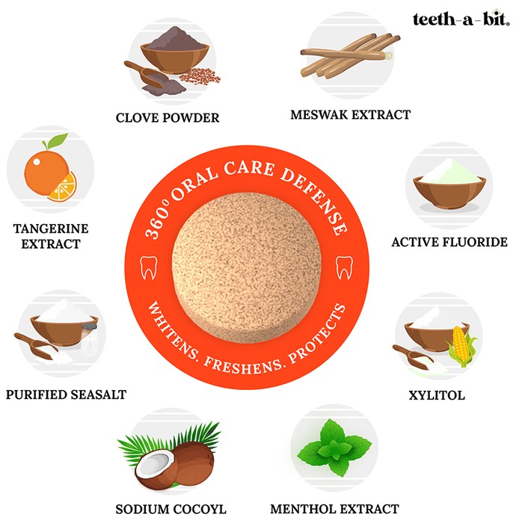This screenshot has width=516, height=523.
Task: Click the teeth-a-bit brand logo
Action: [461, 19]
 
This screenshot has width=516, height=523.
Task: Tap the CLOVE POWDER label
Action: [168, 118]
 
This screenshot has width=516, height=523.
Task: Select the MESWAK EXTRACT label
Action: [351, 115]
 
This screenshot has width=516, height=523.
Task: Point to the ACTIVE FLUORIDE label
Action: [449, 242]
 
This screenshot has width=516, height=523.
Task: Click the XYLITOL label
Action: [437, 395]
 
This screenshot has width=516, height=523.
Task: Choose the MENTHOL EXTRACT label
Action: [334, 509]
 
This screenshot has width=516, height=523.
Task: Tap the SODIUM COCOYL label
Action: [171, 510]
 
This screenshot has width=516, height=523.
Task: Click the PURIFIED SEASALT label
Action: [66, 394]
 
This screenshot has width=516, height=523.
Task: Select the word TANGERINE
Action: [51, 229]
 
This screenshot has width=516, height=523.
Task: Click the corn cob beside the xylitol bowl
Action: [461, 345]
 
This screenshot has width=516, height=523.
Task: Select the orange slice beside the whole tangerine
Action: [64, 188]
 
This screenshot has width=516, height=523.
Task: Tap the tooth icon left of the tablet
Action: [149, 267]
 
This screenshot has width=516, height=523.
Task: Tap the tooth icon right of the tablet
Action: [344, 267]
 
